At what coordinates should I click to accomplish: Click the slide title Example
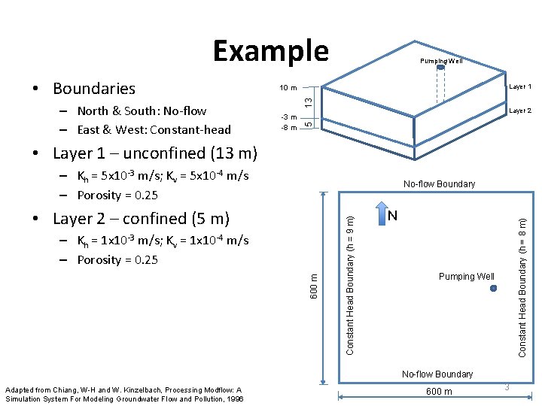click(271, 50)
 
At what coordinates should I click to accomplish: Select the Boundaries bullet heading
click(93, 89)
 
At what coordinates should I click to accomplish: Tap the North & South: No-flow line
click(142, 111)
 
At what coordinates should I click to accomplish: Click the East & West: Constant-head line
click(154, 129)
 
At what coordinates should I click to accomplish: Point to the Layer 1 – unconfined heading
click(154, 153)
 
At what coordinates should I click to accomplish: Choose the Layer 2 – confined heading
click(141, 219)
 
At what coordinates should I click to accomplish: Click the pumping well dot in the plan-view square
click(493, 286)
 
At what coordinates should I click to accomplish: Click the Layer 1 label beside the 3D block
click(520, 86)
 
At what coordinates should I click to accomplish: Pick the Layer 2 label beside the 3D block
click(520, 111)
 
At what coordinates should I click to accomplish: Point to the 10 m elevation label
click(288, 88)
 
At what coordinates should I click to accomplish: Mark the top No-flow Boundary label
click(439, 183)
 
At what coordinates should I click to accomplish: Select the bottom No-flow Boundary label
click(437, 374)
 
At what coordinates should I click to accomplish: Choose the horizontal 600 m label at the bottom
click(439, 391)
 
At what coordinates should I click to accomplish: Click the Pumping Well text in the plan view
click(467, 276)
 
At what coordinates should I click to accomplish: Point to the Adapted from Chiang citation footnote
click(124, 394)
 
